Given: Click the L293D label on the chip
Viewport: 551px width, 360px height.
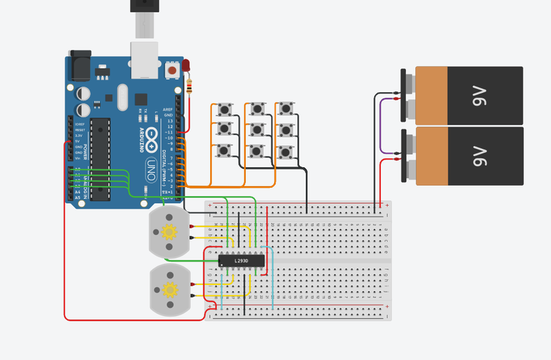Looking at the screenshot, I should pos(241,261).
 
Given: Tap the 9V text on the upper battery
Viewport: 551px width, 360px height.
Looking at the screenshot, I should pos(480,96).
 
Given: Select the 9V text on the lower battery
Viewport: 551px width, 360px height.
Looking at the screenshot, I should pos(480,156).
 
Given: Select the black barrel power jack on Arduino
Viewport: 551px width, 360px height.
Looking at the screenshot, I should pos(79,65).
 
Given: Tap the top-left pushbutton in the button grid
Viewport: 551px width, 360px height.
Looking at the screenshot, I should pos(224,109).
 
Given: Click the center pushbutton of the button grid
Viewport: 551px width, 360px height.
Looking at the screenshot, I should pos(257,129).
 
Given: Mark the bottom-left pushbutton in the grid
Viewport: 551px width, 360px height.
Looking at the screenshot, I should pos(224,151).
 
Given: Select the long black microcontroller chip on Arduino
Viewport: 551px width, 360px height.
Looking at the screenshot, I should pos(101,159).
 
